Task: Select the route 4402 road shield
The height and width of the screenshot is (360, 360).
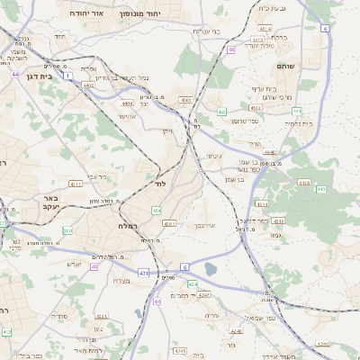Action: [88, 85]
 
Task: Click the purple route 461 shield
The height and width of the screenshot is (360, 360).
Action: [15, 73]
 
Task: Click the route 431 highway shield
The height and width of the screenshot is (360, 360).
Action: [144, 272]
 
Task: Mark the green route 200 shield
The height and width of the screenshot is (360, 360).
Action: [67, 230]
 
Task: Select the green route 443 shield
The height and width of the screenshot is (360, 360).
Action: [321, 189]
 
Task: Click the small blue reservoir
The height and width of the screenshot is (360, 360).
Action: [211, 269]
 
